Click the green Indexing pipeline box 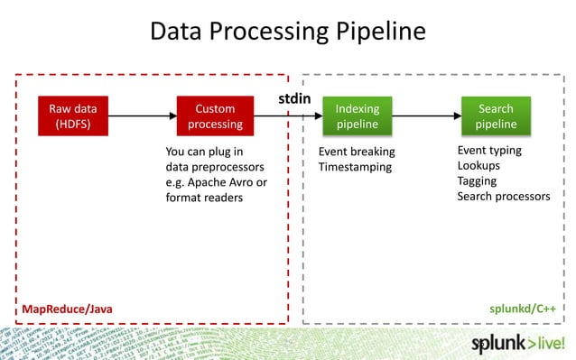pyautogui.click(x=358, y=116)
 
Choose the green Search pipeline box pyautogui.click(x=496, y=116)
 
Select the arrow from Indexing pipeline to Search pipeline pyautogui.click(x=426, y=116)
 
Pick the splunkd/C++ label pyautogui.click(x=521, y=309)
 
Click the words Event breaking pyautogui.click(x=357, y=151)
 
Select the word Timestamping pyautogui.click(x=355, y=167)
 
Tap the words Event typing pyautogui.click(x=489, y=150)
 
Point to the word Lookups pyautogui.click(x=478, y=166)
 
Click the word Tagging pyautogui.click(x=477, y=181)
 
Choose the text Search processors pyautogui.click(x=503, y=197)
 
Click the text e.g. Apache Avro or pyautogui.click(x=216, y=182)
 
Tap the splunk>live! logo pyautogui.click(x=521, y=344)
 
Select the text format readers pyautogui.click(x=204, y=198)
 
